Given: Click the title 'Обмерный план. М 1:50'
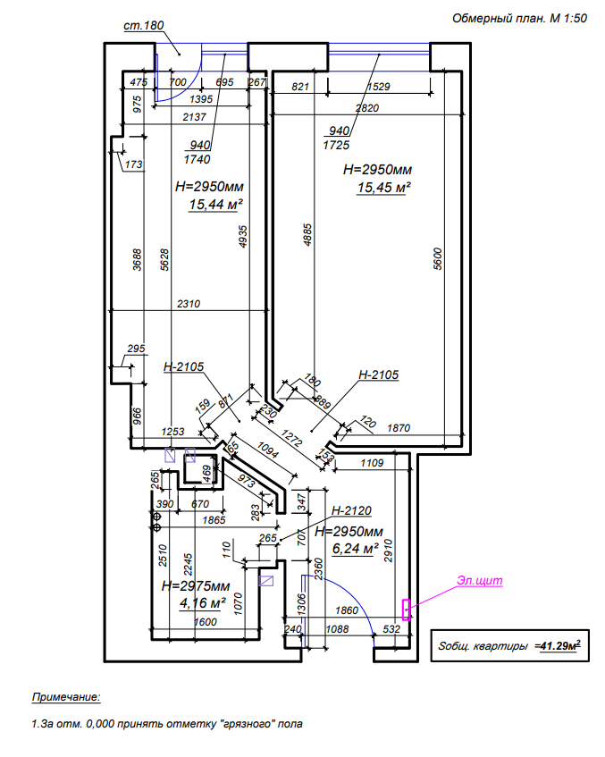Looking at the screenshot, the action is click(518, 18).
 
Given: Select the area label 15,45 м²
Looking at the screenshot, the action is click(383, 188).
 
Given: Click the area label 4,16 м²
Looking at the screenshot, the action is click(205, 603).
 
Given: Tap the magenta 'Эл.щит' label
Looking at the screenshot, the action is click(480, 581).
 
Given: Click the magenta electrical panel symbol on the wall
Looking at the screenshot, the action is click(407, 610).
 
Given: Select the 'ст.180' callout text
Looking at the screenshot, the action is click(143, 25).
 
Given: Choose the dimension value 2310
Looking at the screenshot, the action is click(188, 304).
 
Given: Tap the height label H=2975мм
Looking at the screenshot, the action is click(196, 586).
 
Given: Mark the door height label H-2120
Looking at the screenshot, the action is click(350, 510).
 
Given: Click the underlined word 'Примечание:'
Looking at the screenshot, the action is click(67, 696).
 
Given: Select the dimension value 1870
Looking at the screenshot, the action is click(399, 429).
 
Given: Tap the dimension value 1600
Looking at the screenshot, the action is click(205, 622).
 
